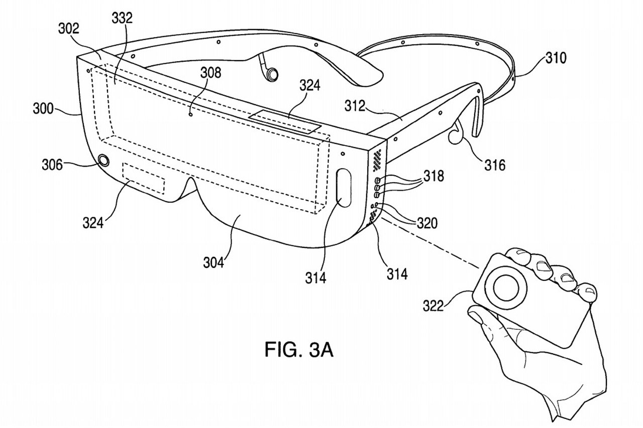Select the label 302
click(x=68, y=29)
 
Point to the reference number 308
click(x=210, y=73)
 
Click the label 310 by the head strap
click(x=556, y=58)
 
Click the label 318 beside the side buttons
click(x=433, y=176)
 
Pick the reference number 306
click(x=53, y=164)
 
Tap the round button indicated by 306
click(x=104, y=161)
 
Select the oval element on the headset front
click(x=342, y=187)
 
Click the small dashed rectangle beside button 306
click(x=144, y=179)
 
